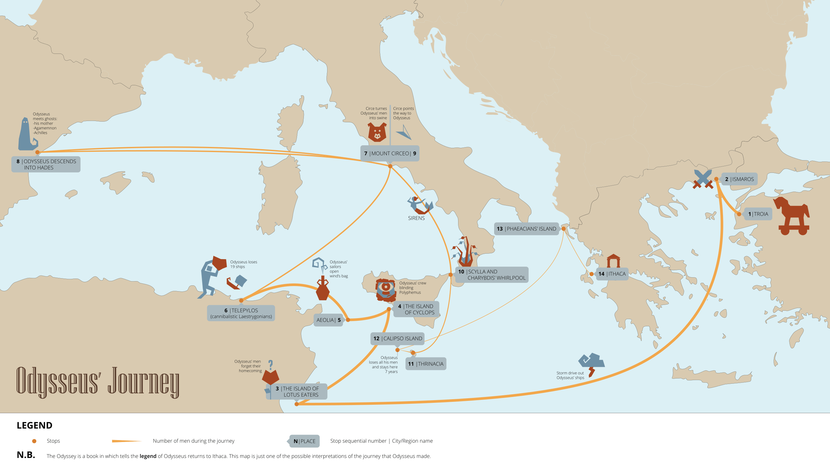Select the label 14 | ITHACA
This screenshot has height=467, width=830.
pyautogui.click(x=612, y=274)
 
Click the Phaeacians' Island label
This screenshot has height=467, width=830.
pyautogui.click(x=527, y=229)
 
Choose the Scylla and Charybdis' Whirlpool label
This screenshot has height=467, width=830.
pyautogui.click(x=492, y=275)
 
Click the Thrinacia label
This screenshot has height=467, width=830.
pyautogui.click(x=426, y=364)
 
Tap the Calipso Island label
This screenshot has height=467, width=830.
pyautogui.click(x=397, y=339)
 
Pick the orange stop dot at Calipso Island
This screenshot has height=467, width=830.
pyautogui.click(x=397, y=350)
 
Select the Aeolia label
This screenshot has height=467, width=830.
pyautogui.click(x=328, y=320)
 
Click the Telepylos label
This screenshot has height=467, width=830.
pyautogui.click(x=241, y=313)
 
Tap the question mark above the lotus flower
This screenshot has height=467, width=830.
pyautogui.click(x=271, y=365)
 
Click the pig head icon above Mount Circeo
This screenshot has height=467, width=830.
pyautogui.click(x=377, y=132)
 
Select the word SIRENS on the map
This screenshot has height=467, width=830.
pyautogui.click(x=416, y=218)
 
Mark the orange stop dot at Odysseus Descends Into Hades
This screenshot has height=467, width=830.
pyautogui.click(x=37, y=152)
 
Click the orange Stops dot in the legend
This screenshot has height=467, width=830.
pyautogui.click(x=34, y=441)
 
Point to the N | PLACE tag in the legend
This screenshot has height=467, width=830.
pyautogui.click(x=304, y=441)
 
